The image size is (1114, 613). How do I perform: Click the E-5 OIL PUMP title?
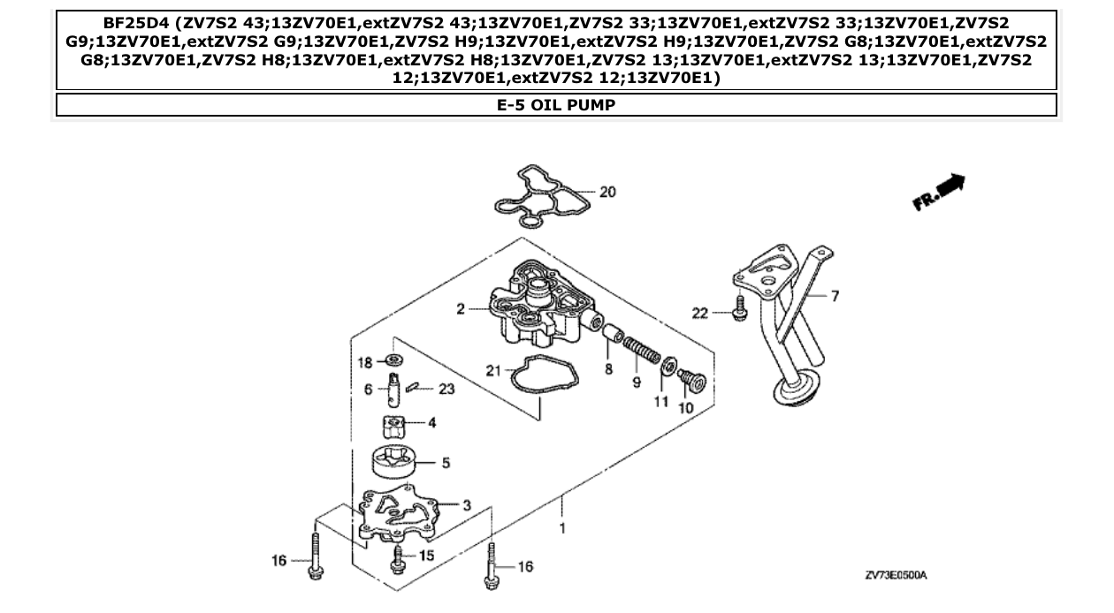556,105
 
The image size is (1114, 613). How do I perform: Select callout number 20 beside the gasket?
607,192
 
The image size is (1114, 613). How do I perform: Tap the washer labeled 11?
670,365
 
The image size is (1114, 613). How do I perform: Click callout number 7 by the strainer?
834,296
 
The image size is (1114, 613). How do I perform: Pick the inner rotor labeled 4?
394,427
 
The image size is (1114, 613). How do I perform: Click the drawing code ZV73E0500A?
896,575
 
